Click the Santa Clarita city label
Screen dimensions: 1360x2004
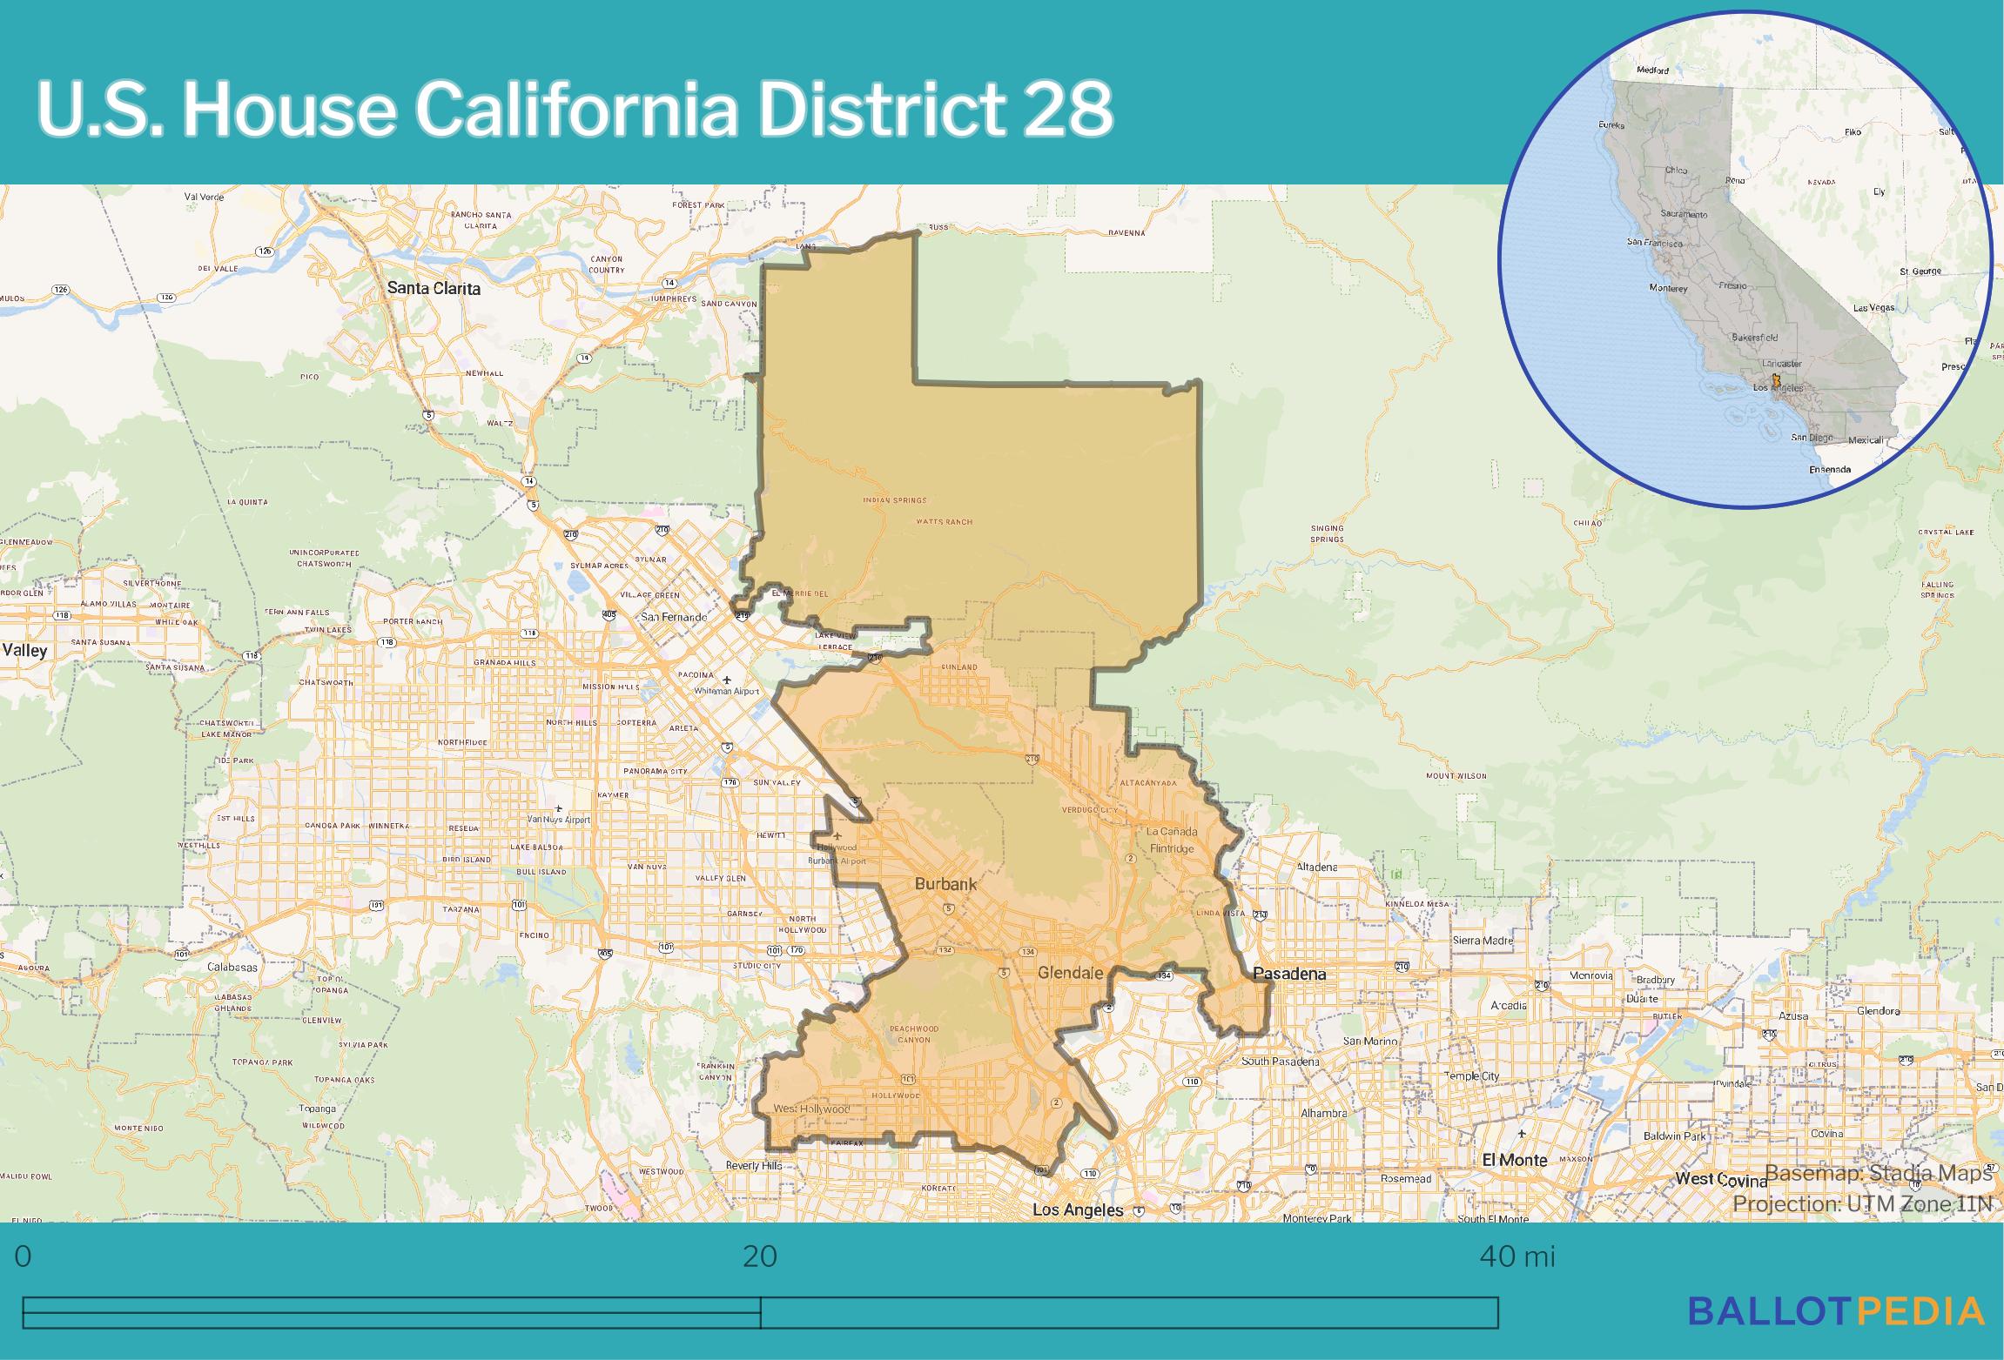tap(434, 288)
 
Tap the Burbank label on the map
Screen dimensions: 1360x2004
tap(945, 884)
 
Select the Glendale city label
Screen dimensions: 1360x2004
tap(1070, 973)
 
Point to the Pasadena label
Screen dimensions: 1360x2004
tap(1289, 974)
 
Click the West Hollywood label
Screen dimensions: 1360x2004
tap(811, 1109)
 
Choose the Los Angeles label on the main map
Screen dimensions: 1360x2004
tap(1077, 1210)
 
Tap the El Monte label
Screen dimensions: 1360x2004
tap(1514, 1160)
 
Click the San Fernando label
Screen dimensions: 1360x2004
tap(674, 617)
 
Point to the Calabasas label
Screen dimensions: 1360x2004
tap(232, 967)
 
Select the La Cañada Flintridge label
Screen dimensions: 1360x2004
tap(1173, 839)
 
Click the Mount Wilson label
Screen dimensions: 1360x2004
tap(1456, 775)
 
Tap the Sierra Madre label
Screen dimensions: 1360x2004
tap(1483, 941)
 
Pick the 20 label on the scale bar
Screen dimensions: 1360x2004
tap(759, 1256)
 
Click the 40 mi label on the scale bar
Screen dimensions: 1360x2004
tap(1516, 1256)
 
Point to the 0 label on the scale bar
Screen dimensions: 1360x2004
tap(24, 1256)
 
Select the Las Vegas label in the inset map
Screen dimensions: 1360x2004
tap(1873, 308)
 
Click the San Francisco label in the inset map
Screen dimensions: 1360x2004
tap(1655, 243)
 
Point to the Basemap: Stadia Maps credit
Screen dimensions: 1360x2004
tap(1879, 1173)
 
